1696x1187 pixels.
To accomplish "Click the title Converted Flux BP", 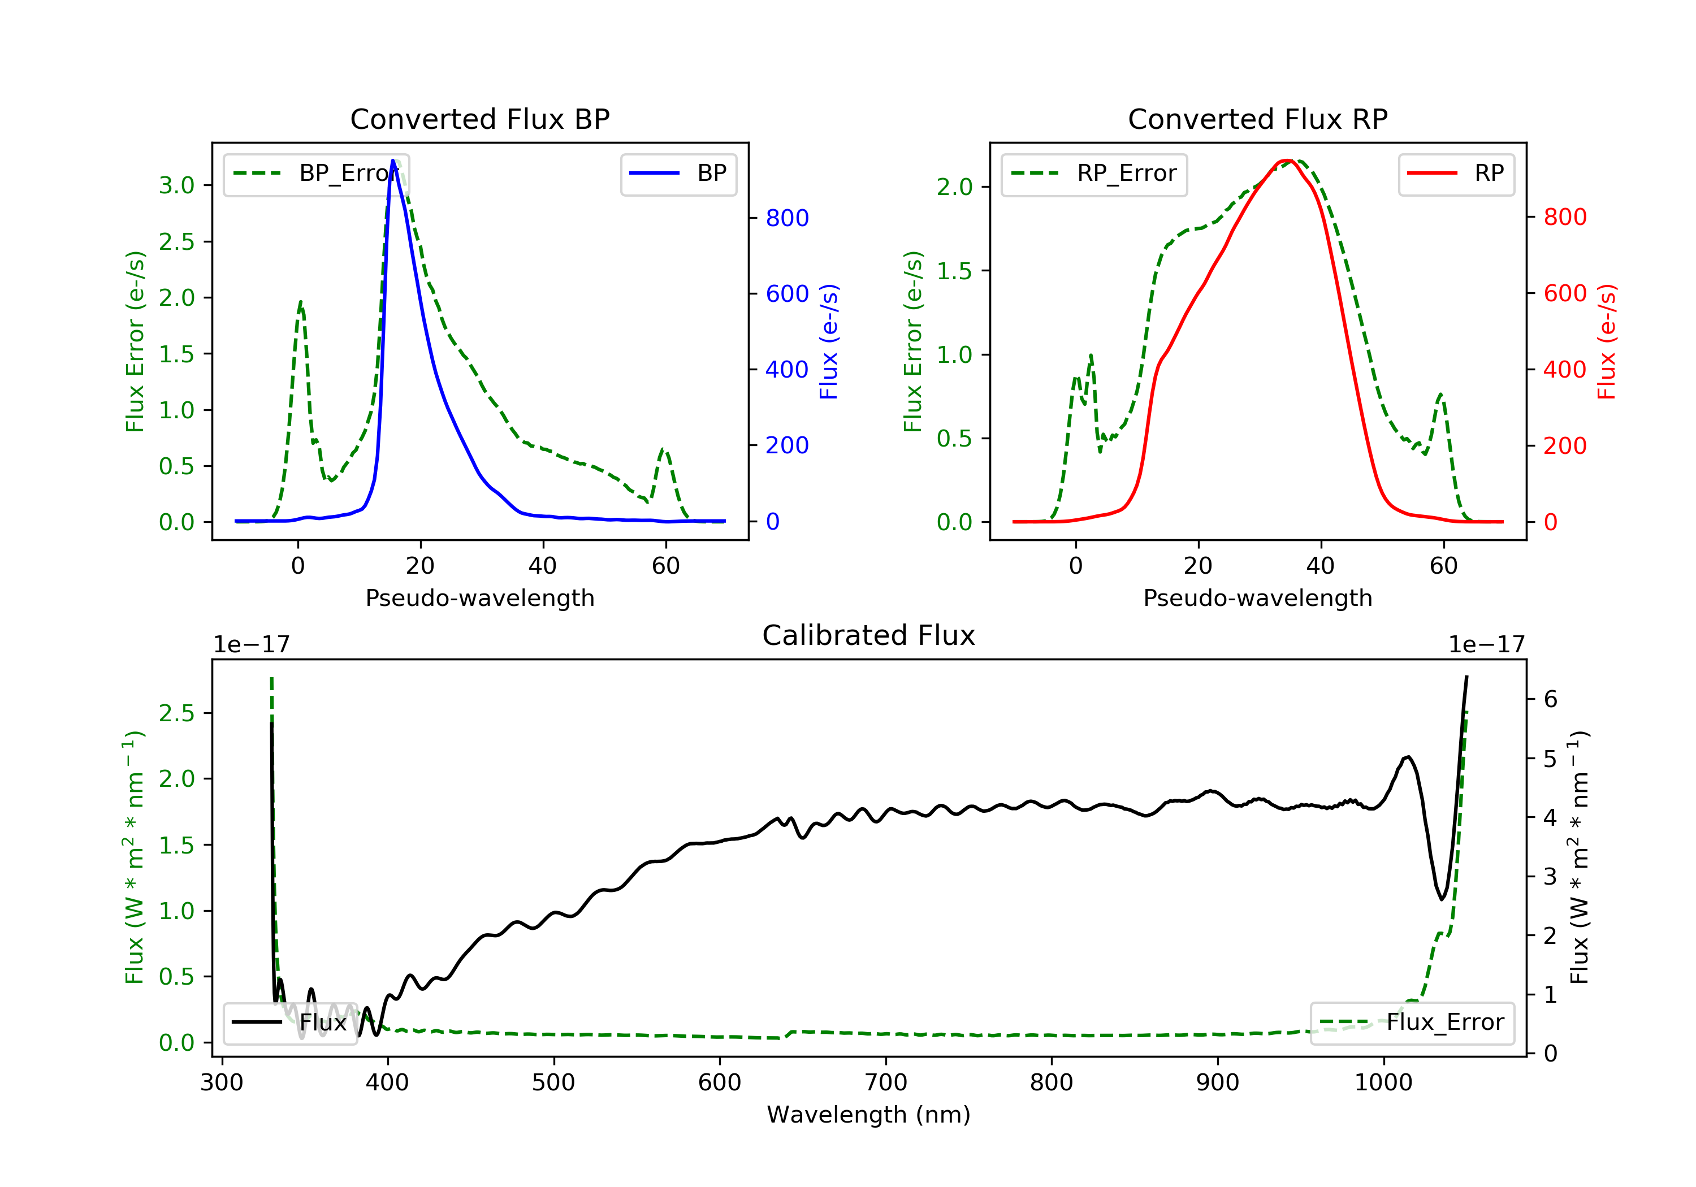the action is [480, 119].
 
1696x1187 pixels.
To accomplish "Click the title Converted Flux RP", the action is [1258, 119].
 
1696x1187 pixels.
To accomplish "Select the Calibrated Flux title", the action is [869, 635].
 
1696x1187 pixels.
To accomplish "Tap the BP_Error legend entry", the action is [316, 174].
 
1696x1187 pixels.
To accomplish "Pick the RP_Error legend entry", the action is [1094, 174].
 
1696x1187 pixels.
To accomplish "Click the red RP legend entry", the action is [1456, 174].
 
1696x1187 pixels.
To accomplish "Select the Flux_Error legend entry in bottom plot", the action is [1412, 1023].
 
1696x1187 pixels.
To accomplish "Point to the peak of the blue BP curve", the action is [393, 161].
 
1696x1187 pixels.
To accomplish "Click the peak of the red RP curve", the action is [1287, 161].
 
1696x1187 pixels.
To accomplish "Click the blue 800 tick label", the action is [788, 218].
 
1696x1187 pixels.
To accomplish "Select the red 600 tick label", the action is [1565, 294].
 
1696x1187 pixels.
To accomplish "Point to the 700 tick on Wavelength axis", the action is [886, 1083].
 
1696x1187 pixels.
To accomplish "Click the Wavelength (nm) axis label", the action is [869, 1115].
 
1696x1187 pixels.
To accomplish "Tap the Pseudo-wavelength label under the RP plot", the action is [1258, 598].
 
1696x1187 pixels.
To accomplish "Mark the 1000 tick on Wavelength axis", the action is [1383, 1083].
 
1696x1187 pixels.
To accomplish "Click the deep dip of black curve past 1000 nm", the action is [1441, 899].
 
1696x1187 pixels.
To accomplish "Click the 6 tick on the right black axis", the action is [1551, 700].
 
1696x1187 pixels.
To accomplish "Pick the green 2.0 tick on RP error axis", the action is [954, 188].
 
